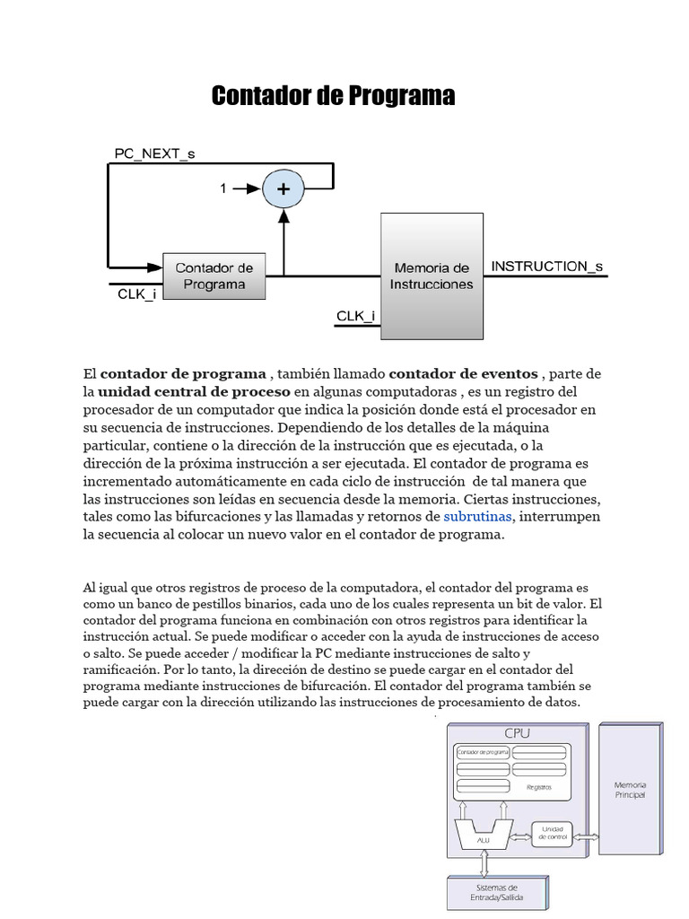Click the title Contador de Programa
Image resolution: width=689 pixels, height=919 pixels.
[x=333, y=96]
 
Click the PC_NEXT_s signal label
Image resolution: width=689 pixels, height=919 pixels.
[x=154, y=153]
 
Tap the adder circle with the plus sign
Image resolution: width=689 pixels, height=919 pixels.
[x=283, y=188]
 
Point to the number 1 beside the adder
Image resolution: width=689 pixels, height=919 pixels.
[x=223, y=188]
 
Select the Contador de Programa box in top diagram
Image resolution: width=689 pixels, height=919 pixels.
[x=214, y=276]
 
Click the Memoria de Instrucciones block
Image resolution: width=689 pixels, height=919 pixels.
[x=432, y=276]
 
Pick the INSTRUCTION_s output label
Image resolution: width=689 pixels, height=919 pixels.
[x=547, y=266]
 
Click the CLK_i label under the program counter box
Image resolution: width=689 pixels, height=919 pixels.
[x=137, y=293]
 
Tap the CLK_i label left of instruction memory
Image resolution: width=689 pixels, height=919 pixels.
[x=355, y=316]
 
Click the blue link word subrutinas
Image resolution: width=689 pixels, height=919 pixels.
[x=477, y=517]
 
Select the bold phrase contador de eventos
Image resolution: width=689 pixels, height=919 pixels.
[x=463, y=373]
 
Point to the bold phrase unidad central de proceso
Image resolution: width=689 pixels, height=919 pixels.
[x=194, y=392]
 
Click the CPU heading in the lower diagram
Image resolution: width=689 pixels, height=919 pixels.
[x=517, y=732]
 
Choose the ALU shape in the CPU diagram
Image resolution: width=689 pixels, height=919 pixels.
[x=483, y=831]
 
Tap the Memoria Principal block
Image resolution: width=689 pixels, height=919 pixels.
[x=630, y=790]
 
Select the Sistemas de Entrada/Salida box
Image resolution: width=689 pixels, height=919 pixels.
[x=485, y=892]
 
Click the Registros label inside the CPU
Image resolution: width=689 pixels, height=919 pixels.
[x=539, y=787]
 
